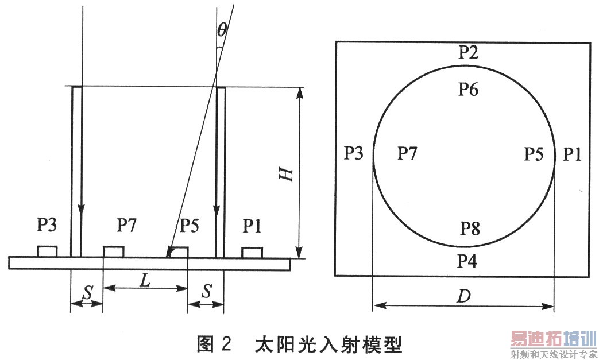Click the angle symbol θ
pyautogui.click(x=222, y=29)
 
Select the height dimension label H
pyautogui.click(x=286, y=174)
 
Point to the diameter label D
pyautogui.click(x=464, y=296)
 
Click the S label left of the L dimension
pyautogui.click(x=88, y=293)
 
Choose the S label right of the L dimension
pyautogui.click(x=207, y=292)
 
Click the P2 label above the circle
pyautogui.click(x=469, y=52)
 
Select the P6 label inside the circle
pyautogui.click(x=469, y=89)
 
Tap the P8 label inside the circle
pyautogui.click(x=470, y=229)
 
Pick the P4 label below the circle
pyautogui.click(x=467, y=261)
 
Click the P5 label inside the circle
pyautogui.click(x=534, y=154)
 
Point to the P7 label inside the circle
pyautogui.click(x=407, y=153)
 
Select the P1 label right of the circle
pyautogui.click(x=572, y=154)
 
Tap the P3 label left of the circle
pyautogui.click(x=354, y=153)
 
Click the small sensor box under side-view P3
pyautogui.click(x=47, y=251)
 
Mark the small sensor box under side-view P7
pyautogui.click(x=114, y=252)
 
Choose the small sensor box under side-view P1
pyautogui.click(x=252, y=252)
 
